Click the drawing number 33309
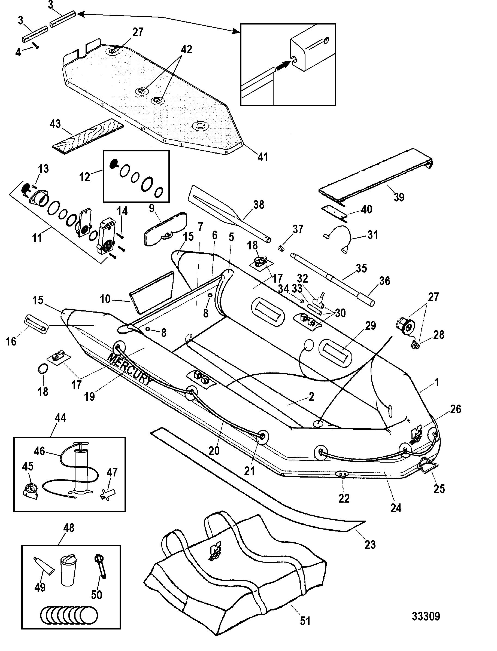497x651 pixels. [x=426, y=616]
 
